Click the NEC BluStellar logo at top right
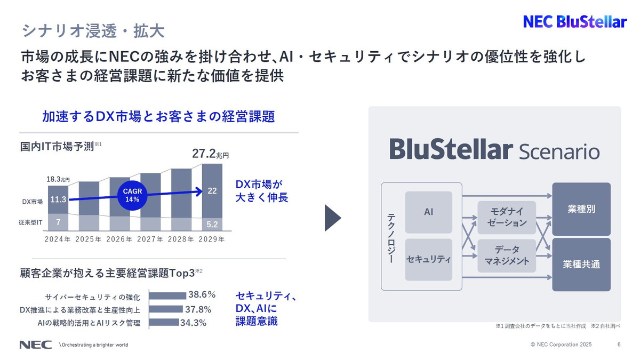(574, 22)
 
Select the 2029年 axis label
(211, 239)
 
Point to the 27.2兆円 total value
(210, 155)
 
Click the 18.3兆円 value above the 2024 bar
(58, 180)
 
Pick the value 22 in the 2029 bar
(212, 190)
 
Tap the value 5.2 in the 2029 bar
(212, 224)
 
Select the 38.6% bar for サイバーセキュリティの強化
(167, 295)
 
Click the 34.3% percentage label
(193, 323)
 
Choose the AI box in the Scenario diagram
(428, 212)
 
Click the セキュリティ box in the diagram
(428, 260)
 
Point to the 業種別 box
(581, 209)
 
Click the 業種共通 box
(581, 265)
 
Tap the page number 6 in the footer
(619, 345)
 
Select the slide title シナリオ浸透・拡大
(93, 30)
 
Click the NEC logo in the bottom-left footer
(36, 345)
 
